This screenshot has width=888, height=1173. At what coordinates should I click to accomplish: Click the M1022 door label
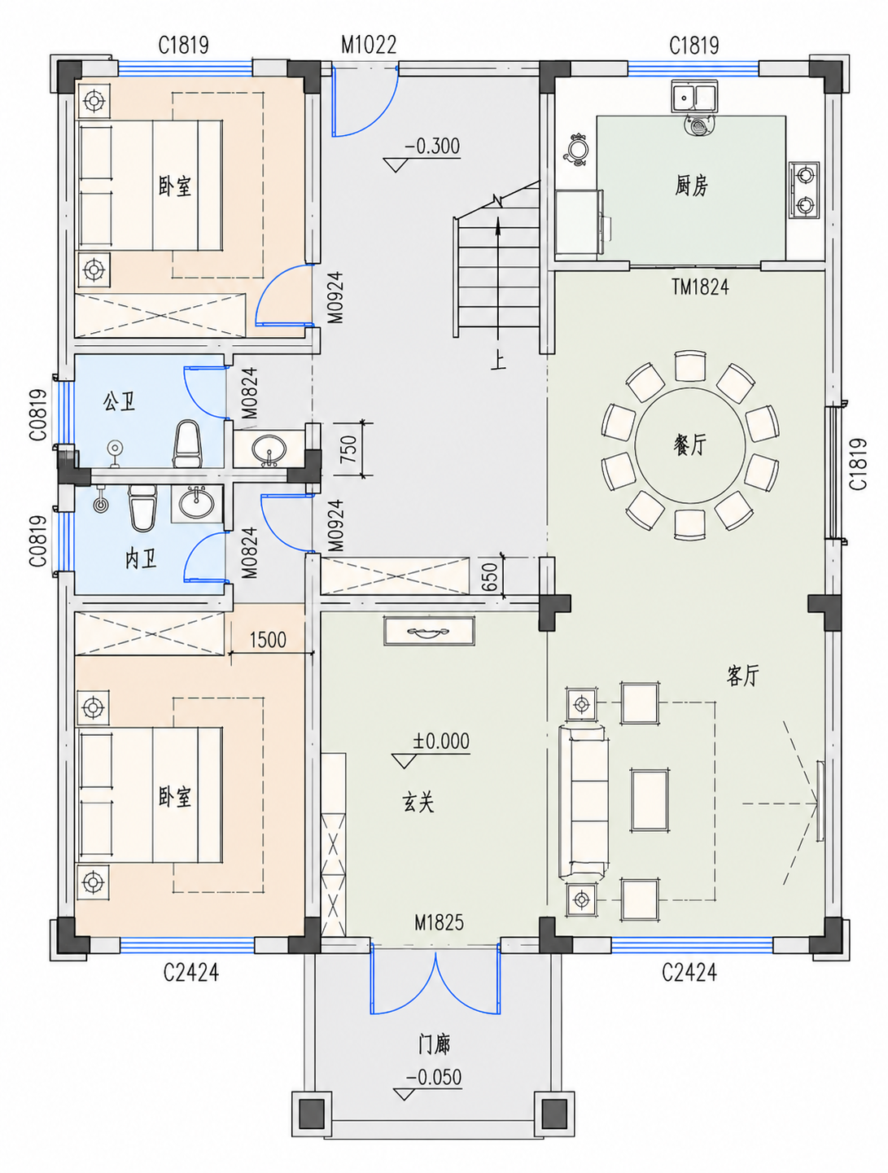(x=369, y=45)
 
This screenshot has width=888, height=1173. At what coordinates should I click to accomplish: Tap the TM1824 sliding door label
(x=700, y=287)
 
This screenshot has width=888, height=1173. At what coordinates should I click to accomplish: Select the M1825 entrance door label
(x=440, y=922)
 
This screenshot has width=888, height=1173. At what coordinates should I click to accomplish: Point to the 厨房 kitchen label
(x=691, y=186)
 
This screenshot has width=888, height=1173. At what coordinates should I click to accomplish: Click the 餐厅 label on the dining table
(x=689, y=444)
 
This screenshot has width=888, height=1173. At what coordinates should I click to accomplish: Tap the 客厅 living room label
(x=742, y=676)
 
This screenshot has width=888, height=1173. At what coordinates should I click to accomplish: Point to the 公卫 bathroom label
(x=119, y=401)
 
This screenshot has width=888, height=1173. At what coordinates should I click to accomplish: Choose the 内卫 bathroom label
(x=141, y=559)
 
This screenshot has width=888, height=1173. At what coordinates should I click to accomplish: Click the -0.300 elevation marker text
(x=433, y=146)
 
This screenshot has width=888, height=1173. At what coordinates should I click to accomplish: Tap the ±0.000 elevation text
(x=441, y=742)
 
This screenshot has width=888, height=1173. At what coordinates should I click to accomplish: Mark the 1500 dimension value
(x=268, y=639)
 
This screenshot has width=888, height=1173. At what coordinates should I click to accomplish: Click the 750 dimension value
(x=348, y=449)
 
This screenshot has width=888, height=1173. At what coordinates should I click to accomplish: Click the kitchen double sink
(x=694, y=96)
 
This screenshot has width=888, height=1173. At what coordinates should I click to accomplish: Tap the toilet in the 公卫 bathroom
(x=186, y=443)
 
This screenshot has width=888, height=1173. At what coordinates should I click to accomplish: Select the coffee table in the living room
(x=649, y=800)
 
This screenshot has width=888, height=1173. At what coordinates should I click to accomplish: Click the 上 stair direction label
(x=498, y=361)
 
